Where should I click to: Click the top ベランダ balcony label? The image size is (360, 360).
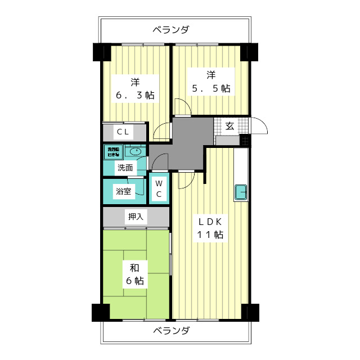tap(170, 29)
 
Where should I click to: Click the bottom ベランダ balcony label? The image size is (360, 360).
tap(170, 331)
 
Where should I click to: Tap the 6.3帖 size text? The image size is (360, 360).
tap(135, 95)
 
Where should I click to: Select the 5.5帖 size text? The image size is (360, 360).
tap(210, 88)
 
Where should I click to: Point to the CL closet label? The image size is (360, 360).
tap(124, 132)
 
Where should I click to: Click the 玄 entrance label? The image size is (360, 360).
tap(230, 125)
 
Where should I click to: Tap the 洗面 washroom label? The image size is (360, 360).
tap(125, 168)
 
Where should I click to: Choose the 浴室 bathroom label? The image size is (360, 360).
tap(124, 191)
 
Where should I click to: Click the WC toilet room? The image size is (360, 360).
tap(159, 188)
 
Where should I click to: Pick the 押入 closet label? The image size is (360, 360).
tap(135, 216)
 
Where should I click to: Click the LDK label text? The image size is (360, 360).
tap(210, 221)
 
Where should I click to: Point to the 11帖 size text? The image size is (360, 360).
tap(210, 235)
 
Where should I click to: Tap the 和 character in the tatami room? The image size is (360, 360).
tap(135, 267)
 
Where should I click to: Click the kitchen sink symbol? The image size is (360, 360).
tap(241, 192)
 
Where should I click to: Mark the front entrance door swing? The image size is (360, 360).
tap(259, 125)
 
